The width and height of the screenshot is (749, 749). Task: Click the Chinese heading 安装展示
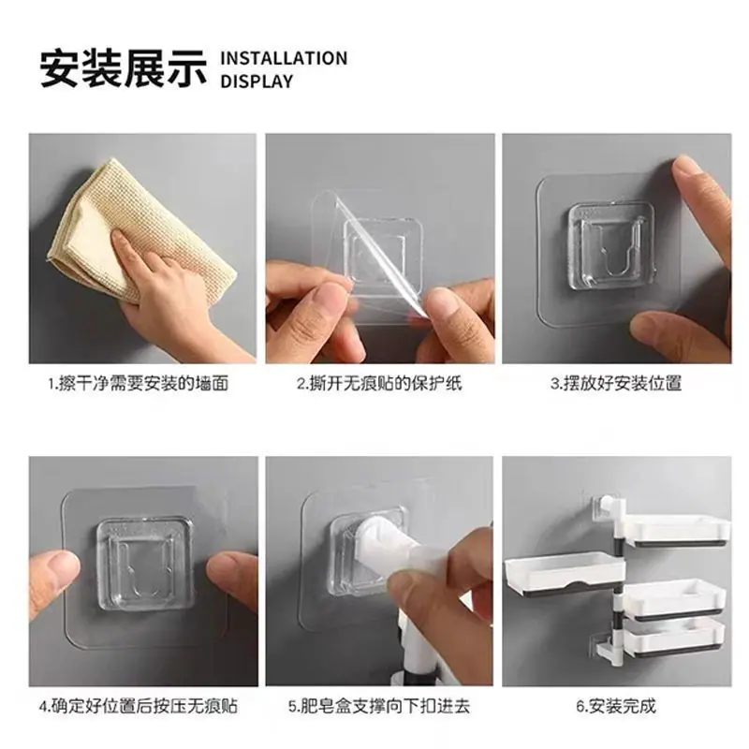124,69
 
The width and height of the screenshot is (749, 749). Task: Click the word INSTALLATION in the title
284,58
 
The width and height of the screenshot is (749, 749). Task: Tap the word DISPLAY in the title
257,81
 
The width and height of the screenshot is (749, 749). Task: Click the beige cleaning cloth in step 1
143,229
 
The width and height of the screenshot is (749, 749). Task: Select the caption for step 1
139,383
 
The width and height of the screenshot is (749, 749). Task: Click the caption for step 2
380,383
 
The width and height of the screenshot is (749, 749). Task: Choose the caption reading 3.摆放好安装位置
616,383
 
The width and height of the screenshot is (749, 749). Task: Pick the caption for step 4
139,706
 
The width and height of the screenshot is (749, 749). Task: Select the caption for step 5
379,706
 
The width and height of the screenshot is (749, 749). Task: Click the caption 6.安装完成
616,706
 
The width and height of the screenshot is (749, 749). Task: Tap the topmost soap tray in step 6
677,530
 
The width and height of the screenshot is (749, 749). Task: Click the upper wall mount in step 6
605,507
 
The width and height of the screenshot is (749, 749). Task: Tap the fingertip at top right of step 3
688,169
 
